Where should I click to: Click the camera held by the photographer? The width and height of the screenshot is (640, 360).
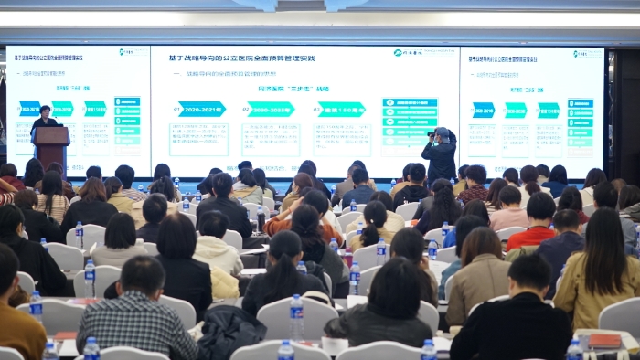tap(432, 134)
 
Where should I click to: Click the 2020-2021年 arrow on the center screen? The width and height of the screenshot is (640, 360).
tap(199, 109)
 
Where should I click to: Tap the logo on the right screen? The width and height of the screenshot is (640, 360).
tap(587, 54)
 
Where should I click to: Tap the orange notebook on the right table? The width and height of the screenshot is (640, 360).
tap(603, 341)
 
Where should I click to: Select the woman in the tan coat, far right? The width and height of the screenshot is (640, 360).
tap(599, 270)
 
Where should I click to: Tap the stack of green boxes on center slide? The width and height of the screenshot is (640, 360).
tap(409, 125)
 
